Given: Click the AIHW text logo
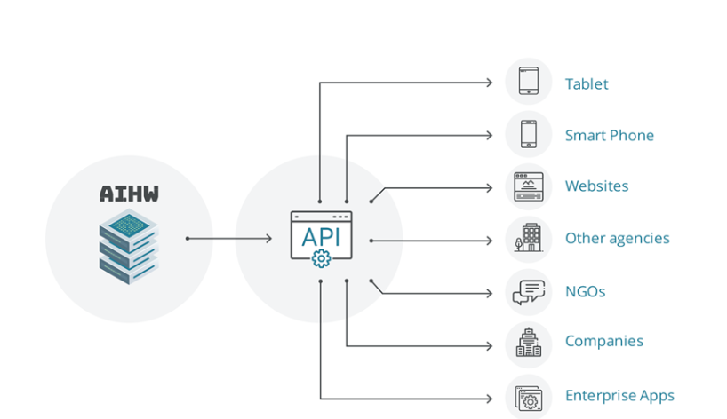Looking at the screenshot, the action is (129, 194).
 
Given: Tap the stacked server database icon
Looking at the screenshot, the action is (129, 246).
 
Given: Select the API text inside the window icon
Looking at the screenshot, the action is (321, 237).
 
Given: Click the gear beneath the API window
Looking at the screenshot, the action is (322, 259).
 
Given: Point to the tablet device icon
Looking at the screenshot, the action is (529, 81).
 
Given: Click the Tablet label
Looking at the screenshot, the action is (587, 83).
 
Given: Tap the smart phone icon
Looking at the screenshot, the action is (529, 134).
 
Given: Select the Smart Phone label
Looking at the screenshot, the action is (609, 135).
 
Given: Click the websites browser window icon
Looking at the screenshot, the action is (529, 186).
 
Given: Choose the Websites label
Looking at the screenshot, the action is (596, 186).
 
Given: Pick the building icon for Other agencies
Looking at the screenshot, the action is (528, 238).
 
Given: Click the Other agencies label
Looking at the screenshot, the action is (617, 239).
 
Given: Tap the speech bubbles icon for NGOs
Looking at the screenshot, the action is (529, 292).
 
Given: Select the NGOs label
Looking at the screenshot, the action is (585, 291).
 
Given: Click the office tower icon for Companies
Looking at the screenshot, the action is (529, 343).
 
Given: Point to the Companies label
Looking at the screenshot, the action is (604, 341).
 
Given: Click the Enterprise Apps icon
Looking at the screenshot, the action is (529, 398).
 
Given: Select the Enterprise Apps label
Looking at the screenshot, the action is (619, 396).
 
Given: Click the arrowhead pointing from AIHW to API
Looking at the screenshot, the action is (269, 239).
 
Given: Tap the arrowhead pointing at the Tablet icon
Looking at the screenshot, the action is (489, 83).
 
